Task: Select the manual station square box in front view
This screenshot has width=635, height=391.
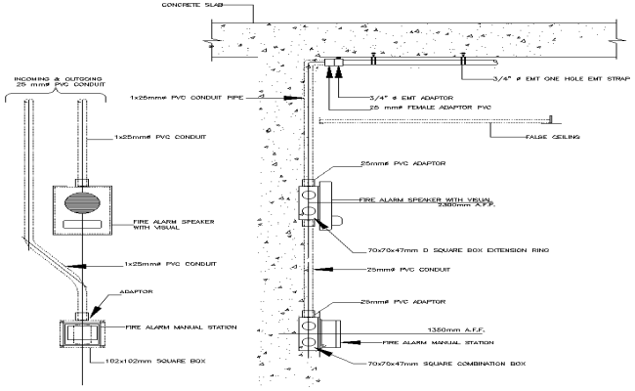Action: click(x=82, y=333)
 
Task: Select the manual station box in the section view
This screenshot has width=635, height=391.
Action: click(x=317, y=332)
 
